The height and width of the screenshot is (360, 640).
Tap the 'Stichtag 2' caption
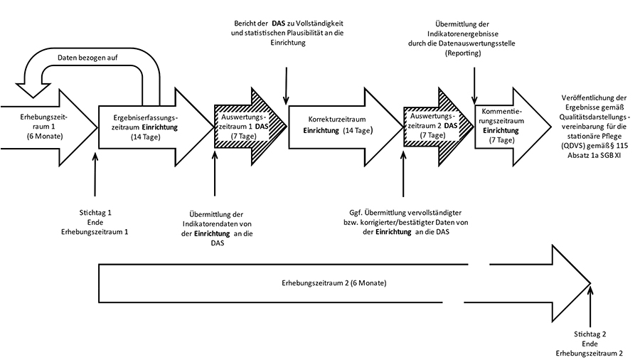pos(590,334)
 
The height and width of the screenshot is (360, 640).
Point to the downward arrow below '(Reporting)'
pos(474,82)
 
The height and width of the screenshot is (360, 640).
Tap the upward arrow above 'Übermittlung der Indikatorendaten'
pos(214,174)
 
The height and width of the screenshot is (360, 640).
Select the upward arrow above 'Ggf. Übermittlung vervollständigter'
pos(402,174)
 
